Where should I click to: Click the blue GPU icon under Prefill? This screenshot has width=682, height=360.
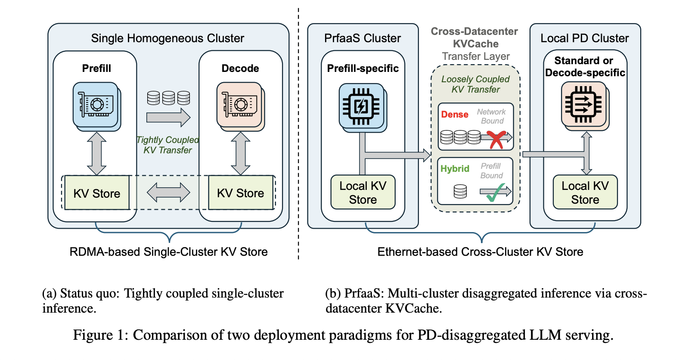point(96,105)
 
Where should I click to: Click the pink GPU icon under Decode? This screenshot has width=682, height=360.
point(239,105)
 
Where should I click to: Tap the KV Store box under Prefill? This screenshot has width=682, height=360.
point(96,193)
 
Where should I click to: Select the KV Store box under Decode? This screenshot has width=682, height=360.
point(240,193)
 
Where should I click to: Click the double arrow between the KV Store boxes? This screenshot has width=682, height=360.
point(168,192)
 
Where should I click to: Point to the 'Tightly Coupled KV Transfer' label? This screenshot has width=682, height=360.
point(167,145)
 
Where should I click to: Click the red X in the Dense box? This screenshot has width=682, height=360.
point(496,139)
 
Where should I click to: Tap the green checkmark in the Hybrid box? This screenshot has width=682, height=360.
point(496,192)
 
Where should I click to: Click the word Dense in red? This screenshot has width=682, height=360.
point(455,115)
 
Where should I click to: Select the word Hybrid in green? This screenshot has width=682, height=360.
point(455,169)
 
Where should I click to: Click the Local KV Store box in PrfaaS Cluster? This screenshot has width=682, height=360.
point(363,192)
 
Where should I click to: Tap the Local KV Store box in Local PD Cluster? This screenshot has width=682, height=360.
point(585,192)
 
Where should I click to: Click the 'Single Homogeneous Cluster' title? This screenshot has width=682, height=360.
point(167,38)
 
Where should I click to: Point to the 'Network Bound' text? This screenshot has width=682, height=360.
point(492,116)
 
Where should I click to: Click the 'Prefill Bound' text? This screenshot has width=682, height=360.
point(491,171)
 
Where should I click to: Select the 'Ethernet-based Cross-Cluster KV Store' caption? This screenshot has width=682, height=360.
point(480,252)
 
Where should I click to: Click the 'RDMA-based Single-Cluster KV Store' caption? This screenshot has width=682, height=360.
point(168,252)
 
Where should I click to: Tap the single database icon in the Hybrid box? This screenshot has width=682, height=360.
point(460,191)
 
